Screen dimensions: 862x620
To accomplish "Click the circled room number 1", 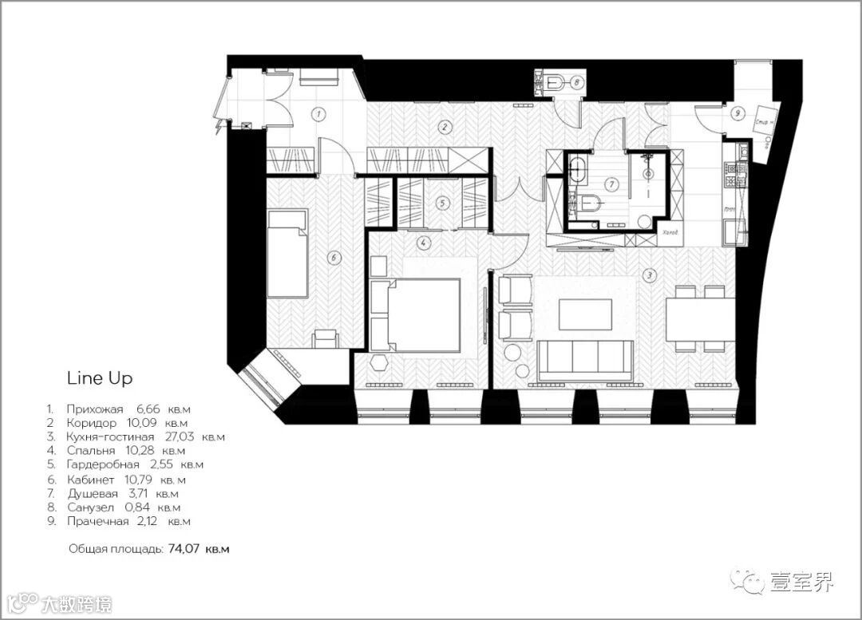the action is pyautogui.click(x=318, y=114).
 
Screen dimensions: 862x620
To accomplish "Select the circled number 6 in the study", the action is pyautogui.click(x=334, y=257).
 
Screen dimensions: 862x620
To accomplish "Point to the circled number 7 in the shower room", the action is pyautogui.click(x=612, y=184).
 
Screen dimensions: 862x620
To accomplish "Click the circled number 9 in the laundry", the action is pyautogui.click(x=737, y=113).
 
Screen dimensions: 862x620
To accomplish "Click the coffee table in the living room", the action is pyautogui.click(x=585, y=314).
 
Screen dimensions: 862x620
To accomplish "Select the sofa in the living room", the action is pyautogui.click(x=585, y=360).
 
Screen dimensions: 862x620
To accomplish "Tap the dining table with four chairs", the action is pyautogui.click(x=700, y=318).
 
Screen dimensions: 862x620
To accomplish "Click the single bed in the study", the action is pyautogui.click(x=287, y=253).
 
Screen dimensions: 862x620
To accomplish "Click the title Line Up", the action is pyautogui.click(x=99, y=377).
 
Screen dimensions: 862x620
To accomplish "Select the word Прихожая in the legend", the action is pyautogui.click(x=96, y=409).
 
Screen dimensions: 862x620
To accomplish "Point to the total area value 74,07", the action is pyautogui.click(x=184, y=549).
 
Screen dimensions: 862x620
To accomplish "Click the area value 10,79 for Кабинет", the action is pyautogui.click(x=144, y=480).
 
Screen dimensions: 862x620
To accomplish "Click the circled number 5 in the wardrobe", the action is pyautogui.click(x=442, y=203).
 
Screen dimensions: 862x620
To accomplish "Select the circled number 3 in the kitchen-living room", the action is pyautogui.click(x=650, y=276).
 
